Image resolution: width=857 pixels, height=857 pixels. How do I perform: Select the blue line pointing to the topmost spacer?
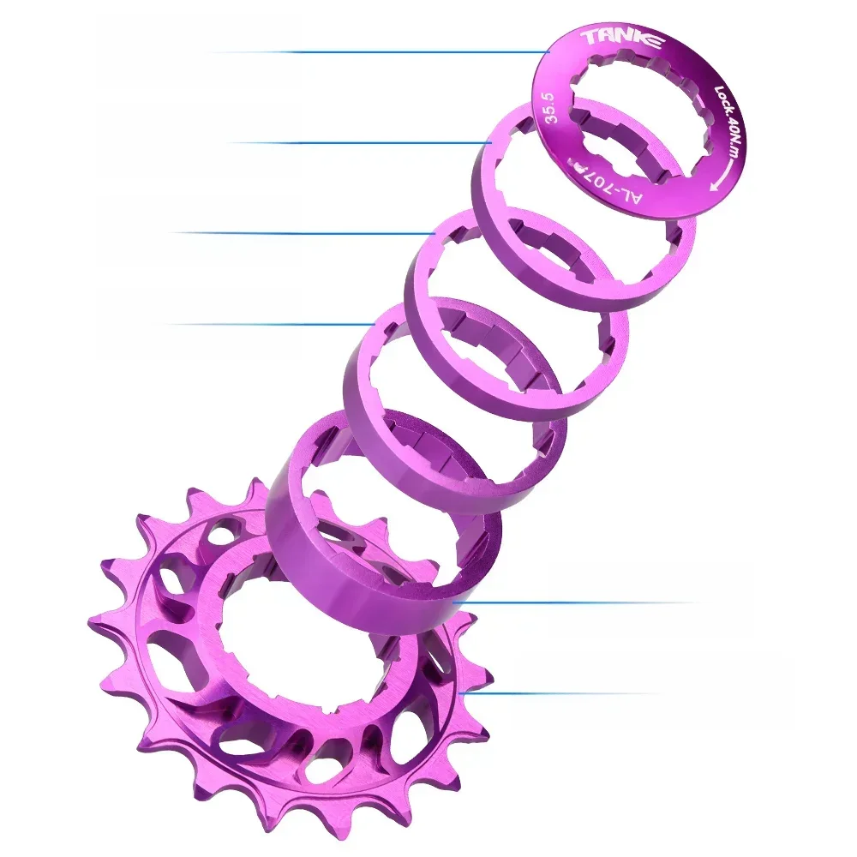pyautogui.click(x=360, y=142)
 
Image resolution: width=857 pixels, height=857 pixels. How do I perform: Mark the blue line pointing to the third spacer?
pyautogui.click(x=266, y=324)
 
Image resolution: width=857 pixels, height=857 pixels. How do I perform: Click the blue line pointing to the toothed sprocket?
pyautogui.click(x=557, y=693)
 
